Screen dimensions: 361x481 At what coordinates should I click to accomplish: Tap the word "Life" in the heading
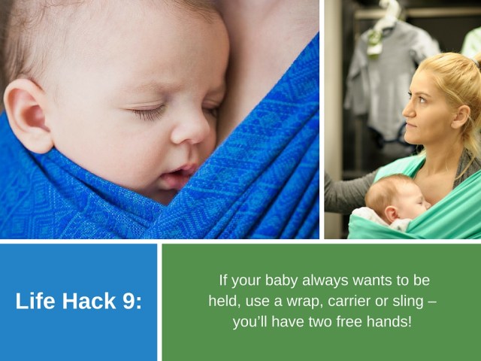(x=34, y=302)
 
